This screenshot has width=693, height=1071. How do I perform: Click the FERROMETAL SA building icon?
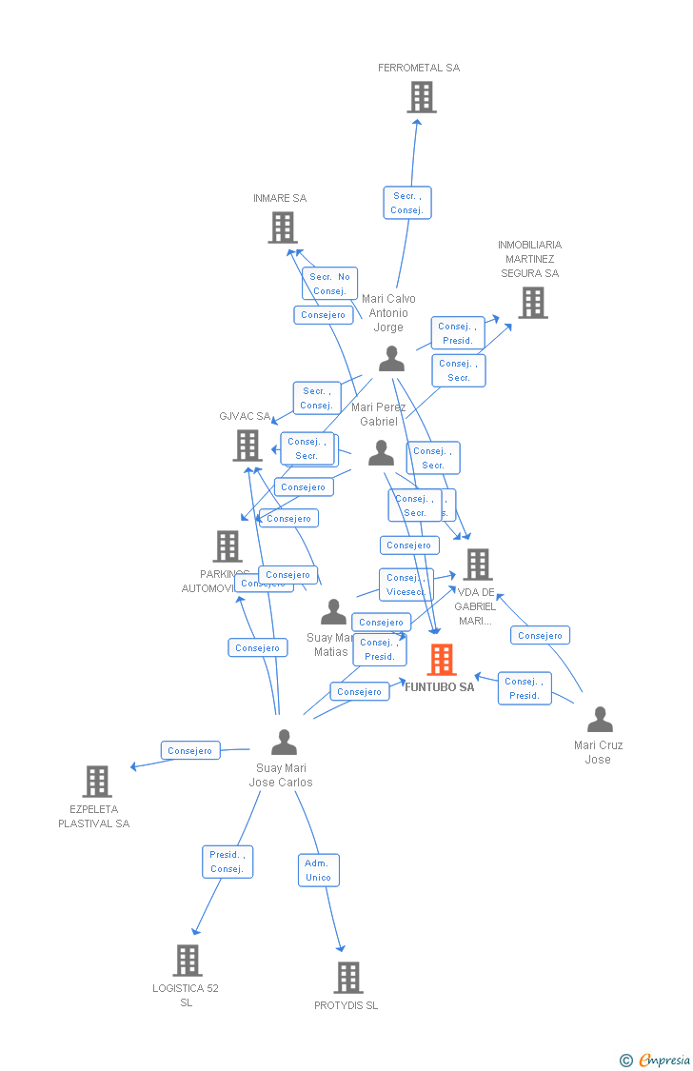(x=421, y=97)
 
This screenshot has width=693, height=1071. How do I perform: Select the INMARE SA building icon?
(x=282, y=228)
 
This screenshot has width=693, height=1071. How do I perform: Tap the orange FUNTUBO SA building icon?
(x=441, y=659)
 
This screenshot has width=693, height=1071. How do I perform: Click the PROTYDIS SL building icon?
(x=348, y=978)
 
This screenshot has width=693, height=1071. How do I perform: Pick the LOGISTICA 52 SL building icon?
(x=188, y=961)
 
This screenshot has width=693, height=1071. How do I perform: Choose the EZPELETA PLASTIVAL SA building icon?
(x=96, y=782)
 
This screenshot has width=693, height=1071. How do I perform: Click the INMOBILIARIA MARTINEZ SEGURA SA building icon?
(x=532, y=303)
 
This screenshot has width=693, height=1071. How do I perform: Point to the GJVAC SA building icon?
(x=247, y=446)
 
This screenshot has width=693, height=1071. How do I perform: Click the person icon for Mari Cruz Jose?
(x=600, y=720)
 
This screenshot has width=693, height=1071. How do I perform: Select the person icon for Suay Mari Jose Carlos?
(x=284, y=742)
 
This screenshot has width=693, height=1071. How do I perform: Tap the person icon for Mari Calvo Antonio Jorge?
(x=391, y=359)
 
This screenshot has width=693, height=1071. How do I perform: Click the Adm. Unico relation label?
(x=318, y=870)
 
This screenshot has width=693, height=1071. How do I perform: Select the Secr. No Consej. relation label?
(x=329, y=284)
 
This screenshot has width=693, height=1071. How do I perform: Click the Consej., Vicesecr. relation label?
(x=406, y=585)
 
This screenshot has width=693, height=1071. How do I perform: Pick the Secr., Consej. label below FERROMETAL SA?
(x=406, y=203)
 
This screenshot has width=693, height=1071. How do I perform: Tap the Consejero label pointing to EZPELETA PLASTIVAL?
(x=190, y=750)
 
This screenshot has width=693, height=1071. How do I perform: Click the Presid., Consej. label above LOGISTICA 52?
(x=228, y=862)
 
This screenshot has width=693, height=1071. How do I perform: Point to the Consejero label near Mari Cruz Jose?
(x=540, y=635)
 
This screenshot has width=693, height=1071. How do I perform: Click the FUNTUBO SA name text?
(x=439, y=687)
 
